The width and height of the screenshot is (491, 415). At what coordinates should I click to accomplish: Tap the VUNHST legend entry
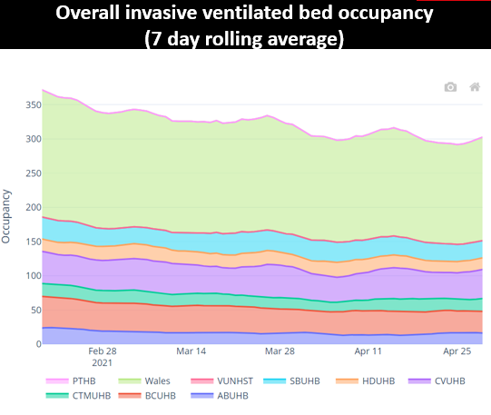point(222,380)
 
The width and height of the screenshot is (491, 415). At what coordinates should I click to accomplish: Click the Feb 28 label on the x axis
point(102,351)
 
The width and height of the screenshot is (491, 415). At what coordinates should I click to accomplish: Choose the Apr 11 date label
point(368,351)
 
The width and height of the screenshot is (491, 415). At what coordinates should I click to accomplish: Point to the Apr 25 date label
point(457,351)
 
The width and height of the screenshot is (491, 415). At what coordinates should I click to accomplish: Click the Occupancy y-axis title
point(7,216)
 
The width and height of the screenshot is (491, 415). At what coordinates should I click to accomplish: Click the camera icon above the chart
point(450,87)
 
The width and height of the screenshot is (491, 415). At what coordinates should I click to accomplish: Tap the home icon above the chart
point(474,87)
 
